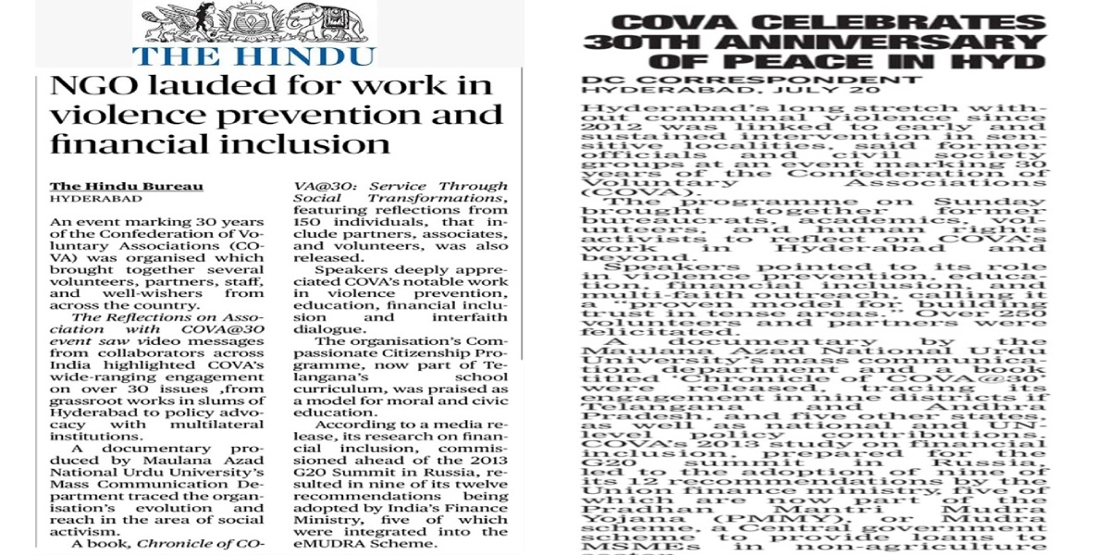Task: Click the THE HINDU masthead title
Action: (254, 55)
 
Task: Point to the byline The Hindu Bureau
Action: (126, 186)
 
